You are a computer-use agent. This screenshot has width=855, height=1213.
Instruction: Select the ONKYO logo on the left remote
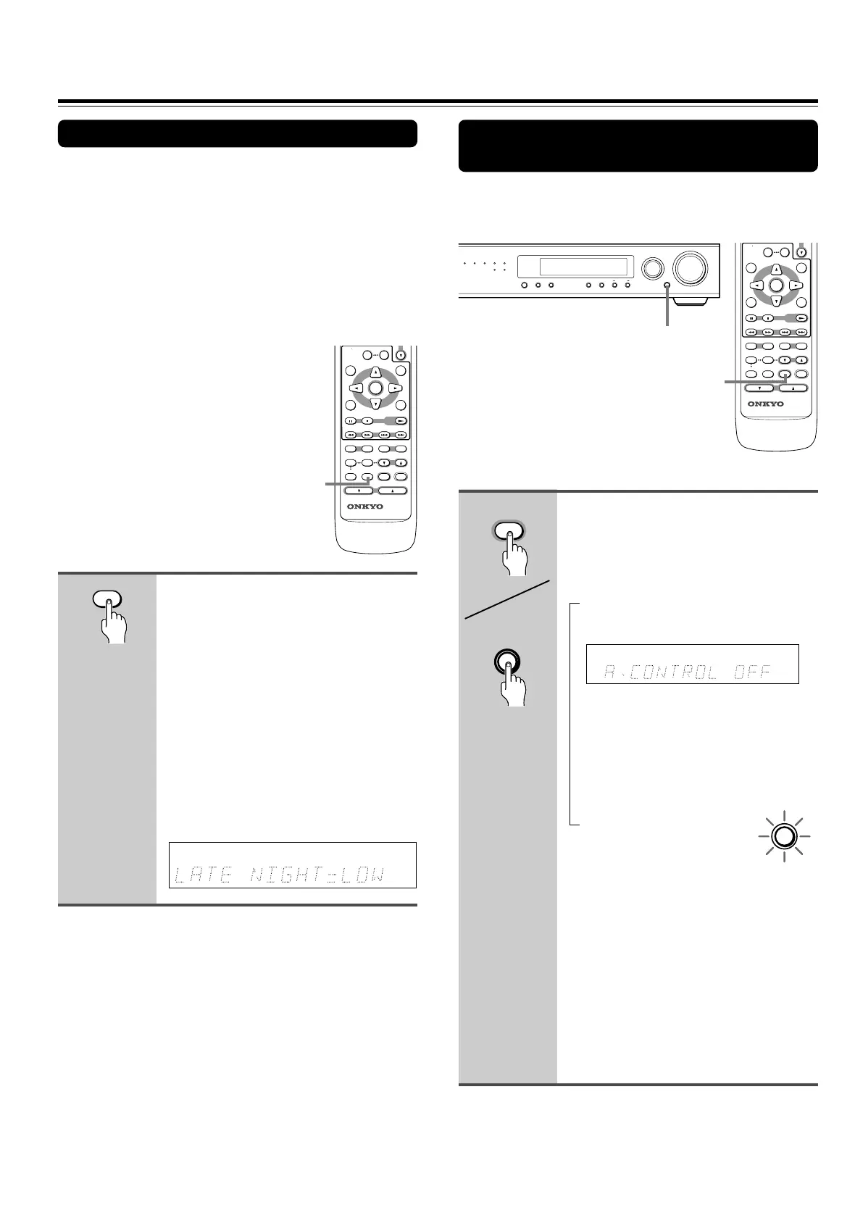click(x=375, y=507)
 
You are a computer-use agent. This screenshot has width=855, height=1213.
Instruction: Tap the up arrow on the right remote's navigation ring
click(x=776, y=270)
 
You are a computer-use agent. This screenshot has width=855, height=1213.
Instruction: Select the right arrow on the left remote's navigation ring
click(x=393, y=388)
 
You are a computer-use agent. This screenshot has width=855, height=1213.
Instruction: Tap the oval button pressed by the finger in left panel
click(x=107, y=599)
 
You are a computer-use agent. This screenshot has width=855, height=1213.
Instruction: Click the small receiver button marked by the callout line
click(x=667, y=285)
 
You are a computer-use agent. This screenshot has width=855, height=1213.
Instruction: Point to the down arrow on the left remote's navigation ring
click(x=375, y=403)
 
